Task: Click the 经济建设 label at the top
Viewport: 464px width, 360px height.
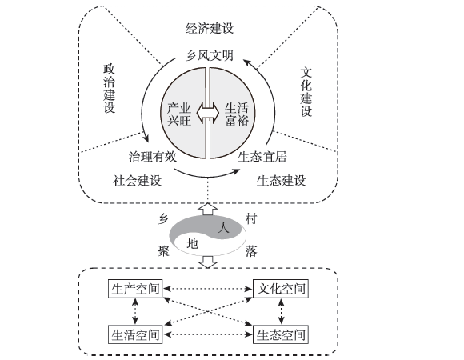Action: (210, 28)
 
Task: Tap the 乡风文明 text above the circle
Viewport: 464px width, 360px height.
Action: (210, 55)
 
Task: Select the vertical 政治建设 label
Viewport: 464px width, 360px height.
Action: (109, 89)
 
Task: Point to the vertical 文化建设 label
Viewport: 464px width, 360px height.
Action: (306, 92)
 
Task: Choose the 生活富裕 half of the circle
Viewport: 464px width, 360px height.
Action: (234, 114)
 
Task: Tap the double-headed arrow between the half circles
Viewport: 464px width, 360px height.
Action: (208, 113)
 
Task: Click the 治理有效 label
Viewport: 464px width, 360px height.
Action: (153, 157)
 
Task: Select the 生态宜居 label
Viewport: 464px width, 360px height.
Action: (262, 157)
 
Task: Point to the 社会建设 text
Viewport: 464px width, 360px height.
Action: (137, 181)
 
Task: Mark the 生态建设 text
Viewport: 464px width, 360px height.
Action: (281, 181)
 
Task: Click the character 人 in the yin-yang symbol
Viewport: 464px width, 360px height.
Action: (223, 227)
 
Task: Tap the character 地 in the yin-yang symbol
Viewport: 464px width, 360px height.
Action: (192, 244)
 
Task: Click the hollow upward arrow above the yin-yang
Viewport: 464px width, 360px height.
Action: (208, 209)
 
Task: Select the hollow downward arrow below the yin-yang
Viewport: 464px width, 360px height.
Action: (208, 262)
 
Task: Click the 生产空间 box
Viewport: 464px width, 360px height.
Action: (135, 289)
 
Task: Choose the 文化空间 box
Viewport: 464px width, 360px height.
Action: (281, 289)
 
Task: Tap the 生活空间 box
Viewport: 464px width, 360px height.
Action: (135, 334)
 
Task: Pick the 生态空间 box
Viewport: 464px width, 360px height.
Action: (281, 334)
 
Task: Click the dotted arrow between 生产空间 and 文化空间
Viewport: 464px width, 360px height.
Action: (208, 289)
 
